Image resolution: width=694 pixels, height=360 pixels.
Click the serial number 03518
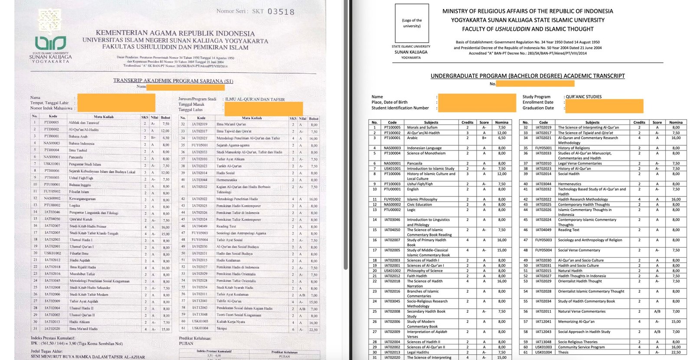(x=281, y=12)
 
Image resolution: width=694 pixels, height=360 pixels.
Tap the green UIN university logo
(x=50, y=43)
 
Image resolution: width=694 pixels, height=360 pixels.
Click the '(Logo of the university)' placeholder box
(x=412, y=23)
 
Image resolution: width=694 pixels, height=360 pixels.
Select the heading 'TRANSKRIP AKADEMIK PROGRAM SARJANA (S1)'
(x=173, y=81)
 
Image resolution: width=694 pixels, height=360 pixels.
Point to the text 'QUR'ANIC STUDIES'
(x=583, y=97)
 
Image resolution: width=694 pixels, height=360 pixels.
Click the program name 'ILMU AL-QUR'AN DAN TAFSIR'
(x=255, y=99)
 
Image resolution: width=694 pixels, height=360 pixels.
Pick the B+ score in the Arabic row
(x=484, y=138)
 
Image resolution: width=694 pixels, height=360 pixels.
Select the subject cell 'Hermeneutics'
(x=570, y=184)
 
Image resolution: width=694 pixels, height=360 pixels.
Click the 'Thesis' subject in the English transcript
(x=563, y=352)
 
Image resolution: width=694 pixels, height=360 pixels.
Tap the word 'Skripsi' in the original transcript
(x=222, y=328)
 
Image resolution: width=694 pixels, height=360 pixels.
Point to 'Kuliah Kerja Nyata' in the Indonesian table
(x=231, y=322)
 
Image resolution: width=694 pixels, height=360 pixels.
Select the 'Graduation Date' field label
(x=538, y=108)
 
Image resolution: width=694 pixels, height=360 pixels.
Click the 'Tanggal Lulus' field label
(x=190, y=110)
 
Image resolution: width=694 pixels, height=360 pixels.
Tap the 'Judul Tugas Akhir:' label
(x=47, y=351)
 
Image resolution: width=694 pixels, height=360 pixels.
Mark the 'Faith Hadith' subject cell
(x=417, y=276)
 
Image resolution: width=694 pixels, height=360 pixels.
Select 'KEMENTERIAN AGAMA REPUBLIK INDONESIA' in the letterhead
(x=175, y=33)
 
